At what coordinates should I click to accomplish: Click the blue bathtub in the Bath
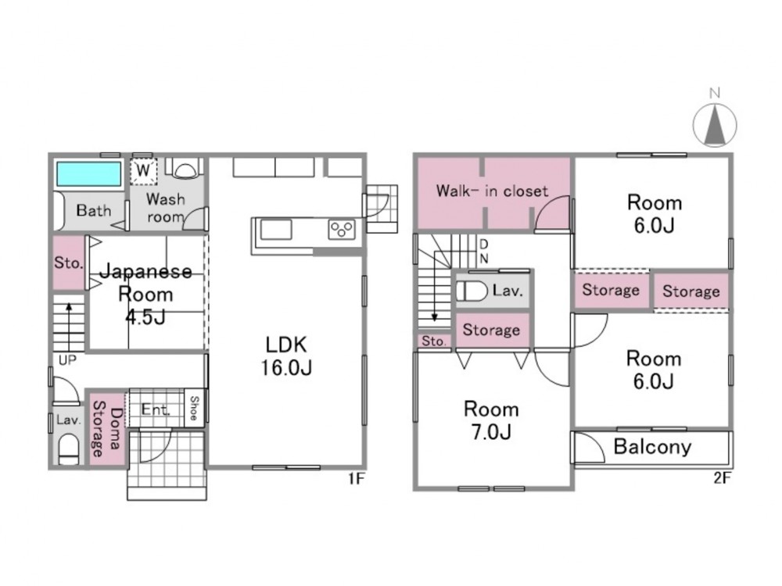tap(89, 174)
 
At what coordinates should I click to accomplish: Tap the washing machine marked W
tap(143, 170)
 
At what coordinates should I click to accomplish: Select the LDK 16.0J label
tap(287, 356)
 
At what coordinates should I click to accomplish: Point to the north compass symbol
tap(715, 124)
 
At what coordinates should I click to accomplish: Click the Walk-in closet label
tap(492, 191)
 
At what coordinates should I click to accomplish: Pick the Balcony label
tap(652, 446)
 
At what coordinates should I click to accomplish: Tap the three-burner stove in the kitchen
tap(342, 230)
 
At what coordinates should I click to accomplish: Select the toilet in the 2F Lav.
tap(472, 291)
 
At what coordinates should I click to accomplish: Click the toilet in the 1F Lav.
tap(69, 450)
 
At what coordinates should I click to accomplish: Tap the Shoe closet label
tap(194, 408)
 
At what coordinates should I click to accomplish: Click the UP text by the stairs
tap(67, 359)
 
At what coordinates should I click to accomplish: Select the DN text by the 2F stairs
tap(483, 252)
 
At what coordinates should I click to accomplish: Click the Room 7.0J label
tap(491, 420)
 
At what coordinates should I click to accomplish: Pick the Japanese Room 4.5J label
tap(145, 294)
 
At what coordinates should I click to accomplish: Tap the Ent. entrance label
tap(155, 409)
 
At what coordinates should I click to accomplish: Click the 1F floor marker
tap(357, 478)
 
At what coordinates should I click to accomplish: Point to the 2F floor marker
tap(722, 478)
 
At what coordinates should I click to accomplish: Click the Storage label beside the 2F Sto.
tap(491, 330)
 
